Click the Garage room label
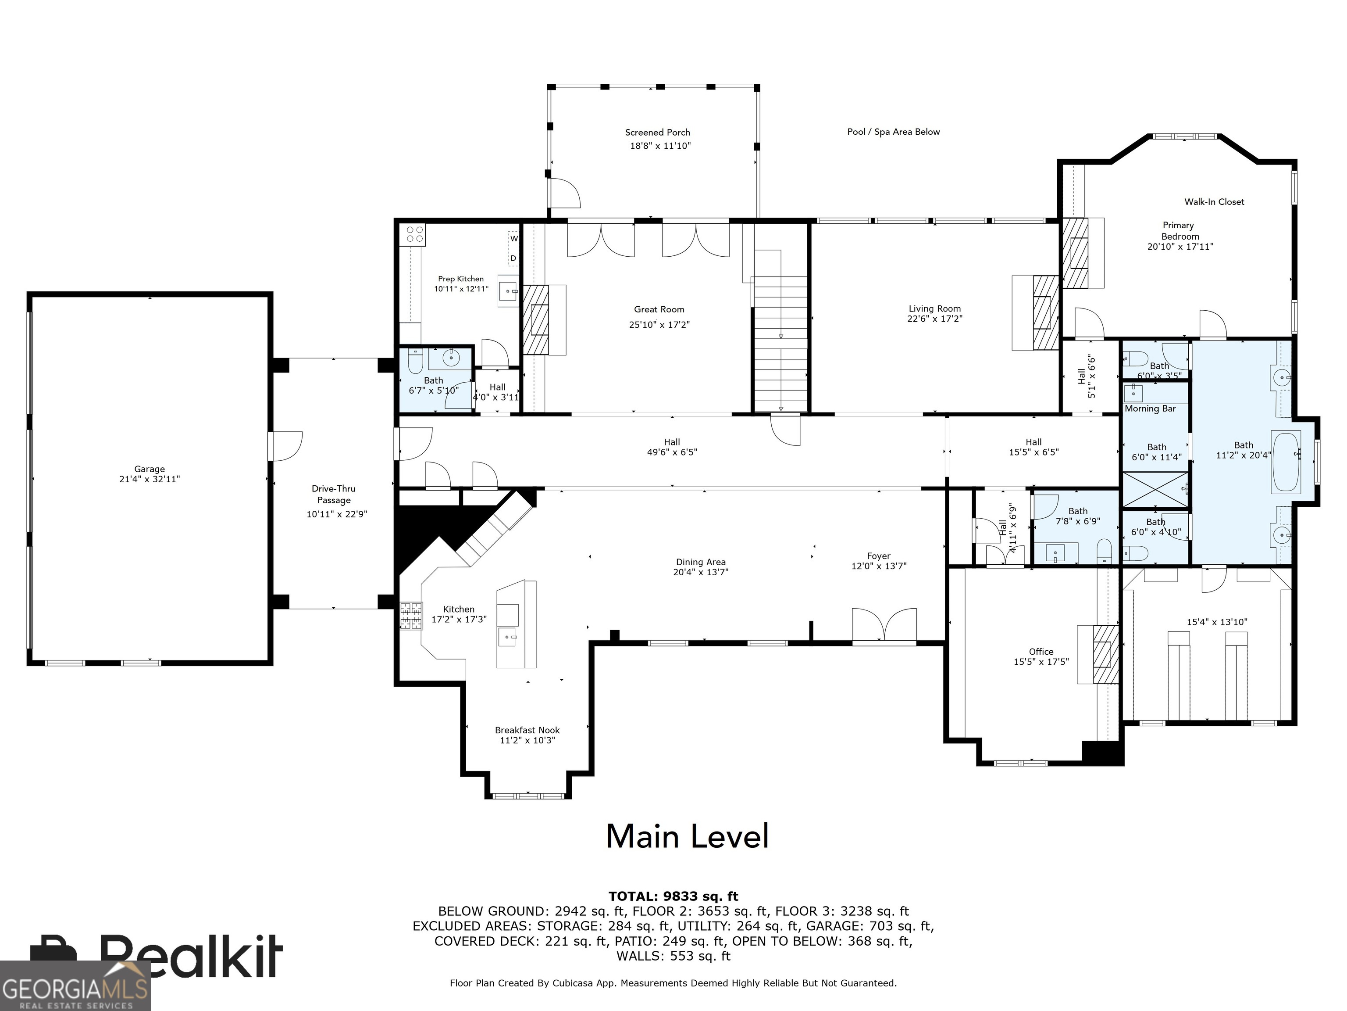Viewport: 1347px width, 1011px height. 149,469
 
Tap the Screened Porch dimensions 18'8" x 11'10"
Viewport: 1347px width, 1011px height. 660,146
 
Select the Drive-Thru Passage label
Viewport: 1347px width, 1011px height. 334,494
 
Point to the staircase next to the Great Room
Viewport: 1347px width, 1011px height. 780,344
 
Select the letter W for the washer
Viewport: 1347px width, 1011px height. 514,238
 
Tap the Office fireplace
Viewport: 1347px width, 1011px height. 1105,655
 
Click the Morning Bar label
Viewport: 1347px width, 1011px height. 1150,409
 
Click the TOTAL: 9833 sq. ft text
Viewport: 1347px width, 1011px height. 673,896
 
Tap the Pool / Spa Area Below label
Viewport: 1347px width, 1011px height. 893,132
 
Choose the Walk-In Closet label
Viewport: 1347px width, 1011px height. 1214,202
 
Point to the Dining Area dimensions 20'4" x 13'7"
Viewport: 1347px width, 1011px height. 700,572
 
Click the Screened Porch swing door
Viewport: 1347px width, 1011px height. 564,193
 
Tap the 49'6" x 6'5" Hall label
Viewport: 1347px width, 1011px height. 672,447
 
